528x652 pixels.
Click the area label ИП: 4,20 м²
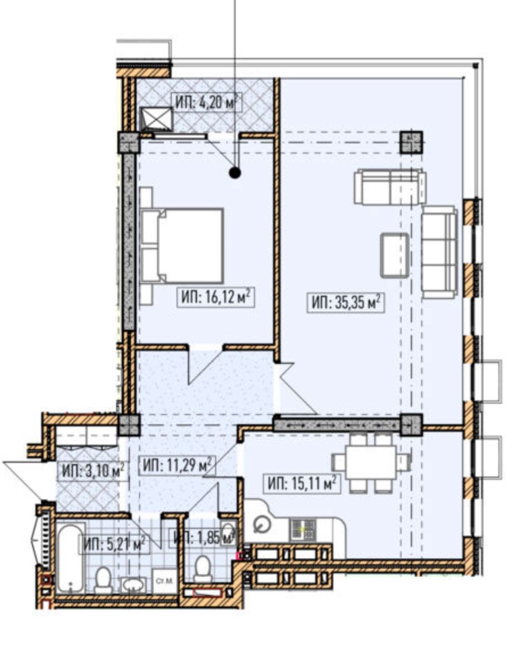click(x=207, y=102)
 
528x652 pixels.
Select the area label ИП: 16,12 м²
click(x=216, y=297)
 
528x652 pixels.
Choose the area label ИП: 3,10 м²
click(x=93, y=471)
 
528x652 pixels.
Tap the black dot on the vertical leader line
click(x=234, y=173)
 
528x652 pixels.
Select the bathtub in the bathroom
click(x=69, y=559)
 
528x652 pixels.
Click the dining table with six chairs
click(x=371, y=463)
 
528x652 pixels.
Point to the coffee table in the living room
click(x=395, y=255)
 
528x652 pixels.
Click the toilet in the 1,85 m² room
click(x=203, y=569)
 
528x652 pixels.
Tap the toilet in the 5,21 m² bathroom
click(x=104, y=579)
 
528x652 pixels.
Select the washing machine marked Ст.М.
click(x=163, y=580)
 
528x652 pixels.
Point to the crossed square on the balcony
click(x=156, y=118)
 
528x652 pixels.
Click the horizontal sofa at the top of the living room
click(x=390, y=187)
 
